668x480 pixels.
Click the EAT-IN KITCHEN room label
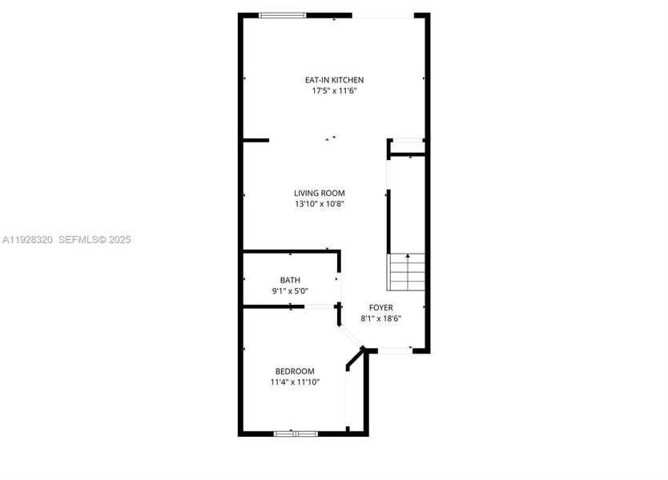point(334,80)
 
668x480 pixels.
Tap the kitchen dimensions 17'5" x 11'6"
point(334,91)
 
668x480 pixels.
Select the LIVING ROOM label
point(319,193)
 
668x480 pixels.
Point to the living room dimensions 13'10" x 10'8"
point(319,204)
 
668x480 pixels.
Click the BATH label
point(290,280)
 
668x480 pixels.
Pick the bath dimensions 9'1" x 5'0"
point(290,291)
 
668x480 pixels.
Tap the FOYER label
point(380,307)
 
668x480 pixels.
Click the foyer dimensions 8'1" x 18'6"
point(380,318)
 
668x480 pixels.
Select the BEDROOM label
point(295,371)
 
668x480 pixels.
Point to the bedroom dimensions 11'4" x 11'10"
point(295,382)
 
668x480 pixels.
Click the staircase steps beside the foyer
point(407,273)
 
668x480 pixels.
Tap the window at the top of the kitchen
point(282,14)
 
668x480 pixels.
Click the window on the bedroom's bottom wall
point(296,434)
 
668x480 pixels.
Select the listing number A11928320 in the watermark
point(27,240)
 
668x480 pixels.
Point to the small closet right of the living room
point(407,147)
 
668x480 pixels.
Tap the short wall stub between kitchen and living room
point(256,140)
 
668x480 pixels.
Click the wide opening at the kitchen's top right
point(383,15)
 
